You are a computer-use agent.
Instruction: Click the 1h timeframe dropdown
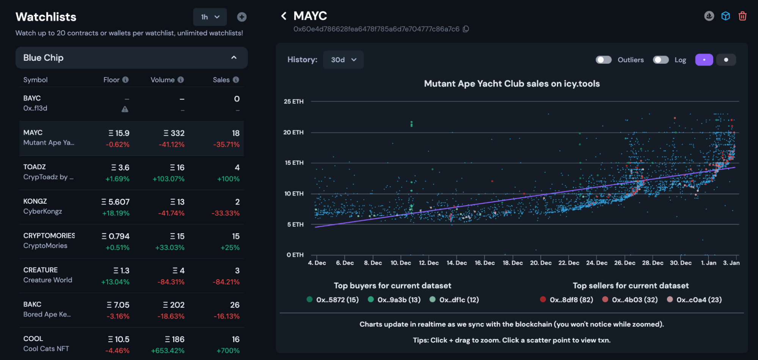tap(210, 17)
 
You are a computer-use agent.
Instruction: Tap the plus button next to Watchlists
tap(242, 17)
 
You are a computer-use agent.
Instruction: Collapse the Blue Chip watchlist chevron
tap(234, 58)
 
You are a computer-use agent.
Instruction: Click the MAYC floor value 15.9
tap(119, 133)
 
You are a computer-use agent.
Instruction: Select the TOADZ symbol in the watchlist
tap(35, 167)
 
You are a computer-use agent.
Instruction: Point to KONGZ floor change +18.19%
tap(116, 213)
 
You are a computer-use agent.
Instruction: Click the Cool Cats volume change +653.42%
tap(168, 351)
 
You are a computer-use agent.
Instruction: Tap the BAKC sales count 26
tap(235, 305)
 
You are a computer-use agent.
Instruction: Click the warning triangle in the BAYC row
tap(125, 109)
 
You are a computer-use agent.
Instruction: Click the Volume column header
tap(162, 80)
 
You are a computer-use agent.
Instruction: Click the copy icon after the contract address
tap(466, 29)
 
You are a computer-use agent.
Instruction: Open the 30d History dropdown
tap(343, 60)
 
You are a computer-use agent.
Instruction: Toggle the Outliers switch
tap(604, 60)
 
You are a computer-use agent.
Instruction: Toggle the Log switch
tap(661, 60)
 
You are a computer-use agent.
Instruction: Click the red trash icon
tap(742, 16)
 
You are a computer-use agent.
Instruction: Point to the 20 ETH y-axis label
tap(293, 132)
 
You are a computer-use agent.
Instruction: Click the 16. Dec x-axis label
tap(485, 263)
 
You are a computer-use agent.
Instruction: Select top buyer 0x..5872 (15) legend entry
tap(333, 300)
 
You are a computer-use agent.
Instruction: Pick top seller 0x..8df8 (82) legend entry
tap(567, 300)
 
